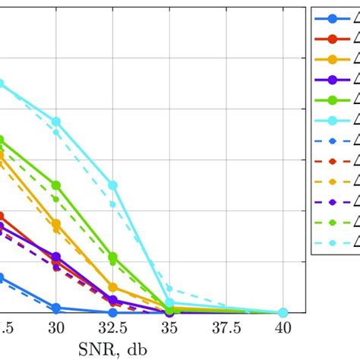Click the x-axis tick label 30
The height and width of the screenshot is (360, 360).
click(x=56, y=327)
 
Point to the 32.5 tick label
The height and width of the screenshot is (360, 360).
click(x=112, y=327)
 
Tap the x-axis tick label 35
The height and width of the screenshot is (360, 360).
click(x=169, y=327)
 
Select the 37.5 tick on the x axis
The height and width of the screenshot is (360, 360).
click(x=226, y=327)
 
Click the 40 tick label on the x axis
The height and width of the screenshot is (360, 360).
click(x=283, y=327)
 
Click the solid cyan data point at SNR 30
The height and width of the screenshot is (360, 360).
click(x=56, y=122)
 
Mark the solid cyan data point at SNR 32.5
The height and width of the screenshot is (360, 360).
click(x=113, y=185)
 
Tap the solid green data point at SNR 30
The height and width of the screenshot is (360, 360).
click(x=56, y=185)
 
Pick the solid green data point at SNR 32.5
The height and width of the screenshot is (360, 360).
click(x=113, y=257)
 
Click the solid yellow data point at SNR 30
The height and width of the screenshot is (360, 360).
click(x=56, y=223)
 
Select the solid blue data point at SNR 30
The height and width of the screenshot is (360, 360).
click(x=56, y=308)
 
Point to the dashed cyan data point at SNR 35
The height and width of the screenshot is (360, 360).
click(x=169, y=289)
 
